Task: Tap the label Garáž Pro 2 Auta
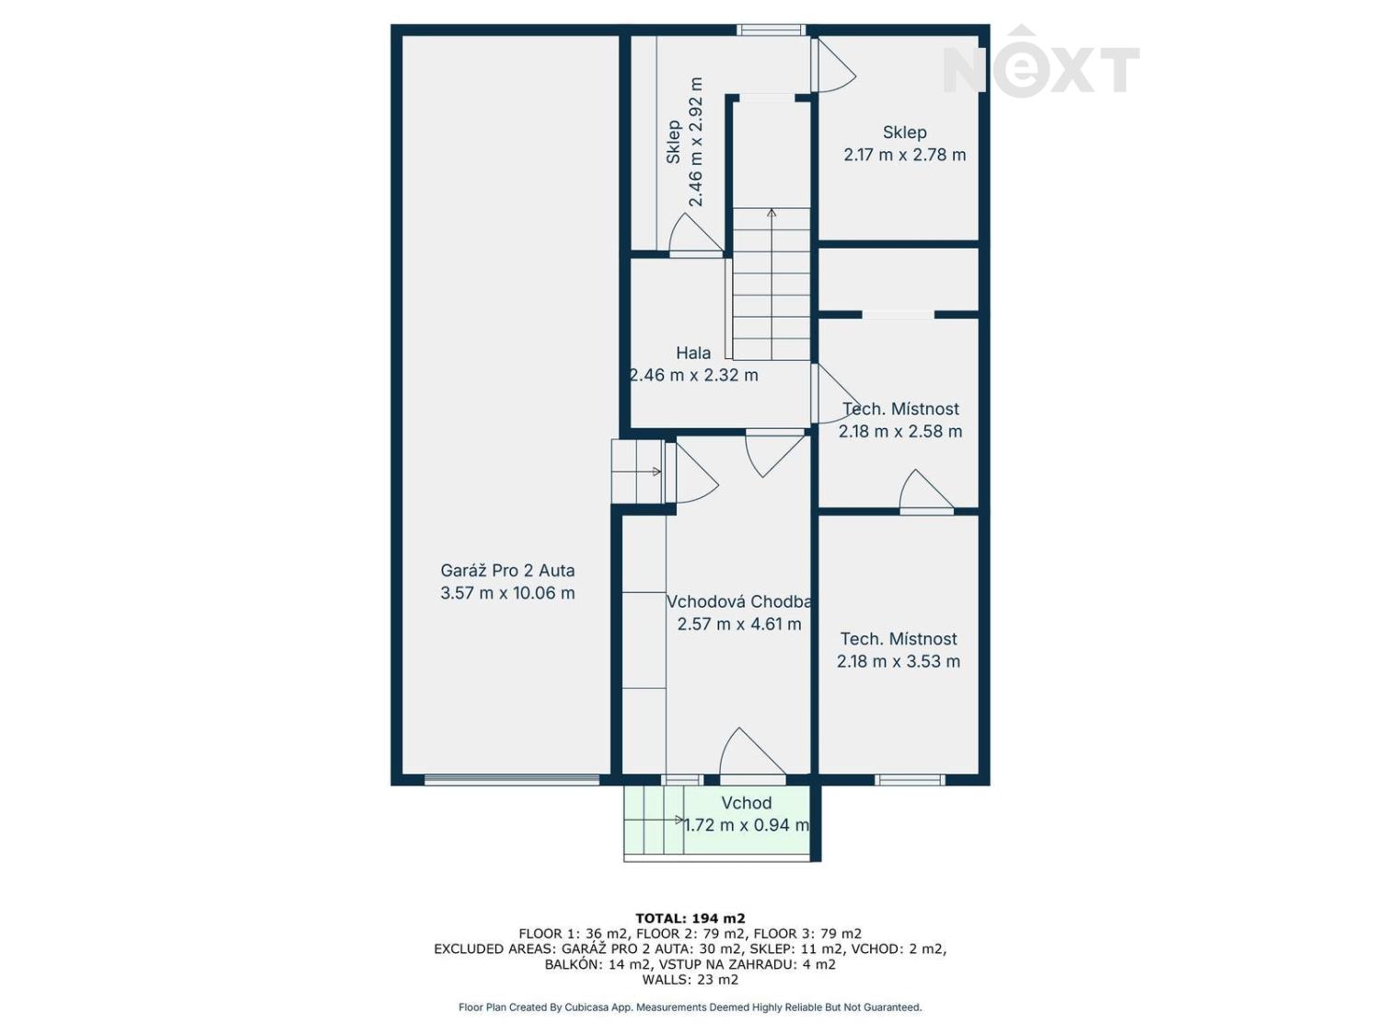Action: point(507,571)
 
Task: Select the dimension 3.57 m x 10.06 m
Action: point(507,593)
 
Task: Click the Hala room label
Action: point(693,353)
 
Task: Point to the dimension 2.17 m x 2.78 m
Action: point(905,155)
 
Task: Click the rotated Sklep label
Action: point(674,142)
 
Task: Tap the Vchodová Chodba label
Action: point(739,601)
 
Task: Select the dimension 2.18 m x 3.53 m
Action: point(899,661)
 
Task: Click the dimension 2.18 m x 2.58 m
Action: point(900,431)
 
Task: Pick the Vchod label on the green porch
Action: point(746,803)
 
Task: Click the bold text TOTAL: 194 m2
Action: point(690,918)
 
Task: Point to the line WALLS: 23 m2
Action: point(690,980)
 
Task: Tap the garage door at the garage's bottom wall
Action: point(512,780)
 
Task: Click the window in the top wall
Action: point(772,30)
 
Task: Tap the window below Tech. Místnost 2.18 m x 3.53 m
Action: point(910,780)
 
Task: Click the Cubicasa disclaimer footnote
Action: point(690,1007)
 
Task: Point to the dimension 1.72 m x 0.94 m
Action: point(747,825)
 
